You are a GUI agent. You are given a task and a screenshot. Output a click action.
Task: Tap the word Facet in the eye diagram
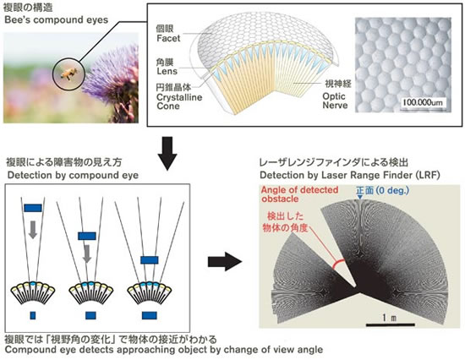[x=168, y=38]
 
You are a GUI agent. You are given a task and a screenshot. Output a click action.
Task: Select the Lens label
[x=167, y=71]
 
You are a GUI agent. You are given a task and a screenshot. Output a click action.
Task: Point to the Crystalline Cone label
[x=179, y=101]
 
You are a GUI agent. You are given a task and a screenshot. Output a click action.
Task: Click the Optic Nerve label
[x=335, y=101]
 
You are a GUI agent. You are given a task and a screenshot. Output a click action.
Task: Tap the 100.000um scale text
[x=423, y=102]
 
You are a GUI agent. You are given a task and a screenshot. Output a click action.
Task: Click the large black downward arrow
[x=167, y=153]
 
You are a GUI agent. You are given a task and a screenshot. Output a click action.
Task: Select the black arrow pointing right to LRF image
[x=225, y=261]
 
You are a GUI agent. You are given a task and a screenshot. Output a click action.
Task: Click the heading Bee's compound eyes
[x=57, y=20]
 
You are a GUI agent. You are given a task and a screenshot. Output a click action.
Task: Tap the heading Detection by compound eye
[x=73, y=175]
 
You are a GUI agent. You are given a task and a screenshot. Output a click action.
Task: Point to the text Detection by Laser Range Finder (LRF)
[x=350, y=175]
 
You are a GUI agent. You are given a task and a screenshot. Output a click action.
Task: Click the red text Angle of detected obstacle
[x=299, y=194]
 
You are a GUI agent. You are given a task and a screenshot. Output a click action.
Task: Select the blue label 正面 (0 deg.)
[x=382, y=190]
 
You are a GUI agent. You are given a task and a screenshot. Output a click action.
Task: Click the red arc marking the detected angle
[x=338, y=264]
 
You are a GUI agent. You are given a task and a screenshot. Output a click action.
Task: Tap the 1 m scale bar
[x=391, y=325]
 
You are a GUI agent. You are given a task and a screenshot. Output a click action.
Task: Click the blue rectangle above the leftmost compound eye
[x=33, y=208]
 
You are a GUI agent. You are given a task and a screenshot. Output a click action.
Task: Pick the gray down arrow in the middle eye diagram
[x=87, y=254]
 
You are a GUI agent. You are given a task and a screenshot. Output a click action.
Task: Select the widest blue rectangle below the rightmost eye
[x=149, y=315]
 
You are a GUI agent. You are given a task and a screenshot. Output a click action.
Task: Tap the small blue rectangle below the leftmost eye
[x=33, y=315]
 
